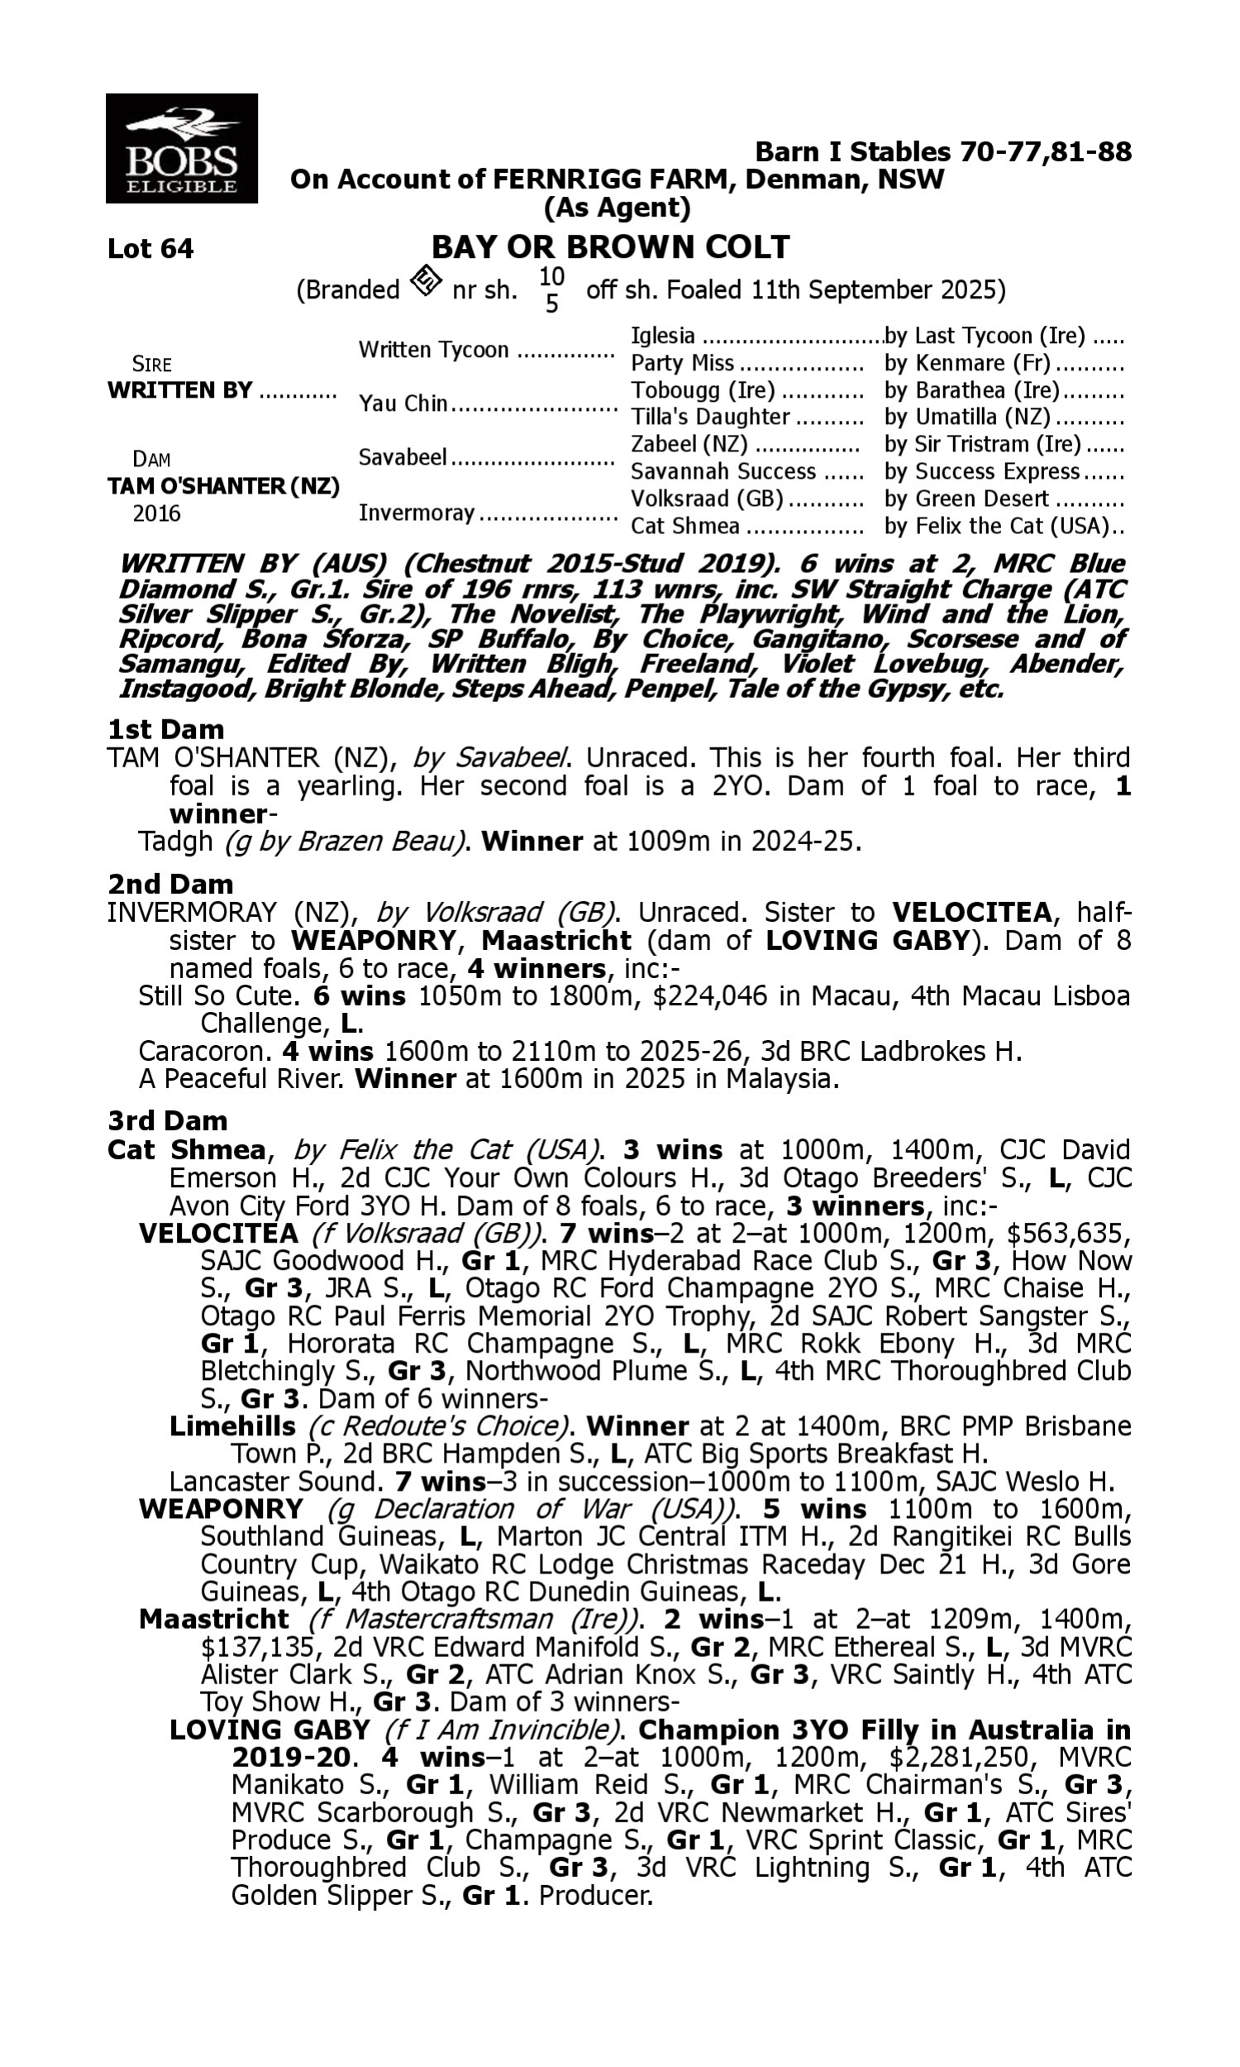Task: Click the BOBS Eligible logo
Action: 181,149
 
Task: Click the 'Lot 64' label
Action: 150,249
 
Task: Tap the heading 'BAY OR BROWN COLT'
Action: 610,247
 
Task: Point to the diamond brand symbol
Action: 426,282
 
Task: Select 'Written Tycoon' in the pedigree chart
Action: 433,350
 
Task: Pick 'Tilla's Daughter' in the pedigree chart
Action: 709,417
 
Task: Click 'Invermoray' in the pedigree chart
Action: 416,513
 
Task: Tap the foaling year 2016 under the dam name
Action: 156,513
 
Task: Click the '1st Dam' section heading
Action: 165,729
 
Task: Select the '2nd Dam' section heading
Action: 170,884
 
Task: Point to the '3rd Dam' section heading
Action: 167,1120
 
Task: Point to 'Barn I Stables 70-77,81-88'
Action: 942,152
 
